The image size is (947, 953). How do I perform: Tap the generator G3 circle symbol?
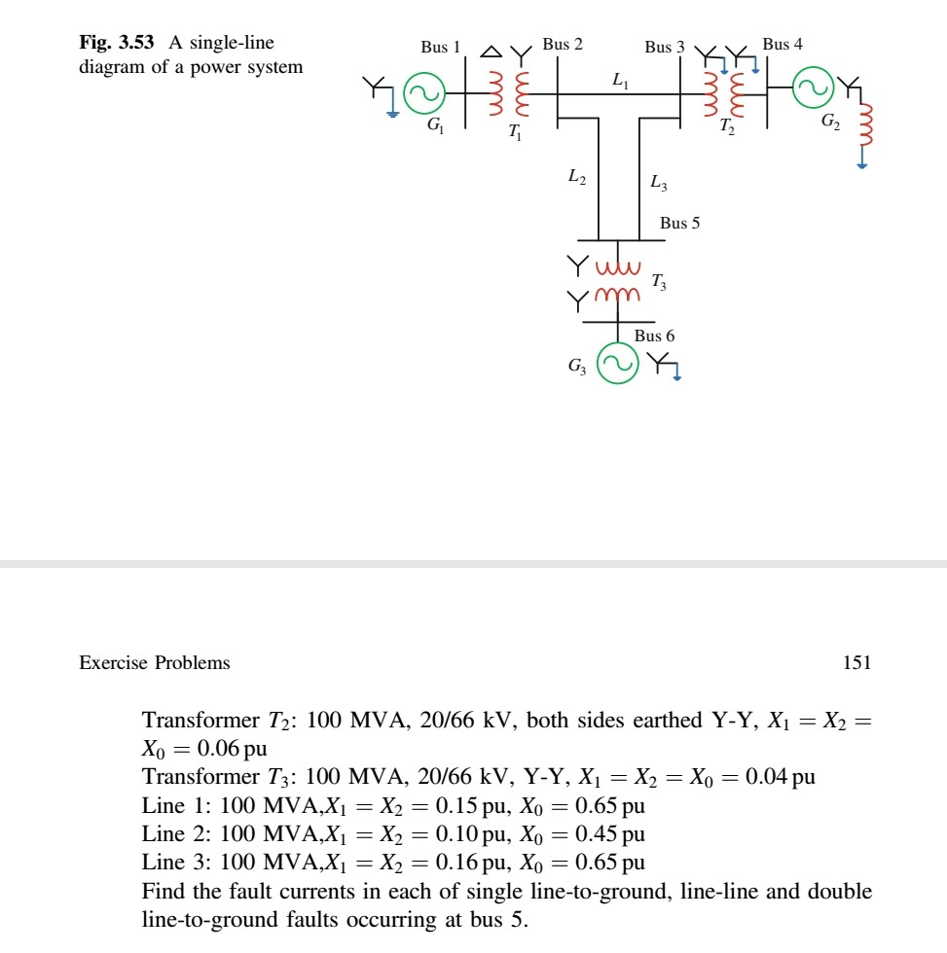click(x=613, y=363)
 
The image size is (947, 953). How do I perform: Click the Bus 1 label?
click(x=441, y=47)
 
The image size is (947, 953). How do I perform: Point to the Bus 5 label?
click(x=679, y=223)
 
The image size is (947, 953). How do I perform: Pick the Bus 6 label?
click(x=654, y=335)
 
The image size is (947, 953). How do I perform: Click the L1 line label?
click(x=620, y=83)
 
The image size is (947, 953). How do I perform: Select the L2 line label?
click(x=576, y=177)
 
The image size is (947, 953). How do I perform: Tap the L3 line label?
click(x=657, y=183)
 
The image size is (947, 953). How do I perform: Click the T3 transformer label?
click(x=659, y=283)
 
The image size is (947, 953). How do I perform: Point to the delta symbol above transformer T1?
click(x=493, y=50)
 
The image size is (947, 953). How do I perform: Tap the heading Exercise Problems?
click(x=155, y=663)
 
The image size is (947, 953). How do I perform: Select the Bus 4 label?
click(x=783, y=44)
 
